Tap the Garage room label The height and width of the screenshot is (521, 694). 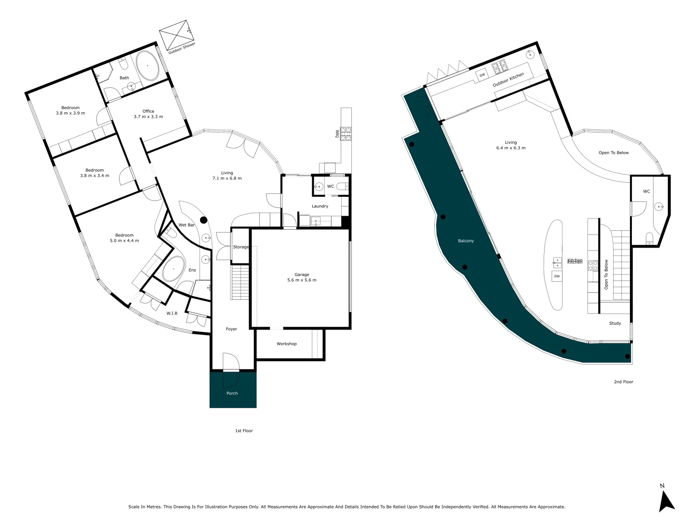click(302, 274)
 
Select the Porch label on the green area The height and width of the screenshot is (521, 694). click(232, 393)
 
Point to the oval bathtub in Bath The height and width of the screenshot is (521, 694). click(147, 66)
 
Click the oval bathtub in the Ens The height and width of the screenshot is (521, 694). click(173, 269)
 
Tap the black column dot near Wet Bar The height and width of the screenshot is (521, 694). click(203, 220)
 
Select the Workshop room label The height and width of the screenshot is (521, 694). click(286, 344)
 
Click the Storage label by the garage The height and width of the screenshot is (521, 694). click(241, 247)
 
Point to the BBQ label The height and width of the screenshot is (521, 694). click(337, 134)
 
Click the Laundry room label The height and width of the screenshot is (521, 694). click(320, 206)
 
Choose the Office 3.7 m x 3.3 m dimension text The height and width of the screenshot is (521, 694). click(148, 117)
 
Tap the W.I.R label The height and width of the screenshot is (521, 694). click(172, 314)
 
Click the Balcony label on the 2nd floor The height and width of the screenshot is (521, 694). click(466, 241)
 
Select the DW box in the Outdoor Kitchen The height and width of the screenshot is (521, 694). click(482, 75)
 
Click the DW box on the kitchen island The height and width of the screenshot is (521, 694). click(557, 276)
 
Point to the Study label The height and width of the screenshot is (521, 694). click(615, 323)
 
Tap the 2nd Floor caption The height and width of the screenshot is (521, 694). click(623, 382)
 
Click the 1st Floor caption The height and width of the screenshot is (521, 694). click(244, 431)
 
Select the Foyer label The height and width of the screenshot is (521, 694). click(231, 329)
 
